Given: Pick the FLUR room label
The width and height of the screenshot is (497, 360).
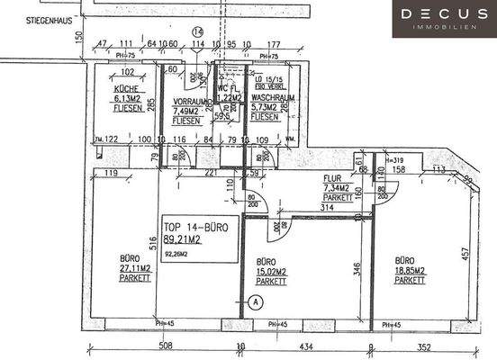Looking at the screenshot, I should (332, 178).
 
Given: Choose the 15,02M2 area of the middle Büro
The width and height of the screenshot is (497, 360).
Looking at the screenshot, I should (267, 271).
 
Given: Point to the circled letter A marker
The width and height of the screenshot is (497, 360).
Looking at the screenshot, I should (256, 301).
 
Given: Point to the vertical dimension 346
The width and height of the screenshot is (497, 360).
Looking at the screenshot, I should (357, 268).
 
